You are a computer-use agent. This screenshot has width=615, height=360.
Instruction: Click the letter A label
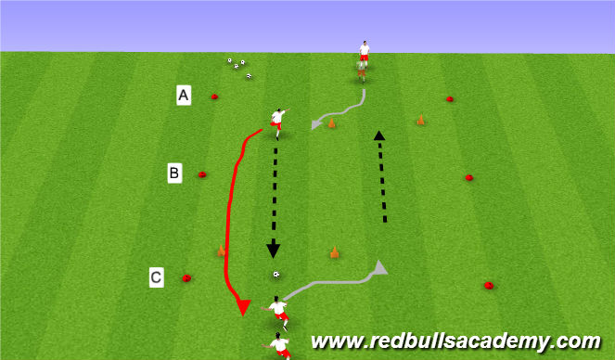click(184, 95)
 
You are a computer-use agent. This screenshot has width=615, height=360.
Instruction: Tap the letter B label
click(174, 172)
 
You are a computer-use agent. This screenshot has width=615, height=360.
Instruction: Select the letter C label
click(157, 276)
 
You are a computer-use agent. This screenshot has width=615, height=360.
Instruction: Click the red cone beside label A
click(214, 96)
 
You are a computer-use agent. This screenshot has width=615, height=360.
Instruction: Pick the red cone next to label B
click(202, 174)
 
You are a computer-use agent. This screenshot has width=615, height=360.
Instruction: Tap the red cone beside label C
click(186, 277)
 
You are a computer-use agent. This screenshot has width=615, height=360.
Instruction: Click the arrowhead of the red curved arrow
click(242, 307)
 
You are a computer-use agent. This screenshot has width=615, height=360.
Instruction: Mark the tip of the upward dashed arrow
click(378, 135)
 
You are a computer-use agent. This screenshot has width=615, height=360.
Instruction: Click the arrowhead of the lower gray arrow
click(380, 267)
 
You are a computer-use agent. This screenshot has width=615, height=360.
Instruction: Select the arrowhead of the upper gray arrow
click(315, 124)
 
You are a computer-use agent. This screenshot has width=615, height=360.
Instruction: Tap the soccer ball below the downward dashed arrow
click(275, 275)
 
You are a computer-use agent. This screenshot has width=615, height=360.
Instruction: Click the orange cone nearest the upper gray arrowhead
click(332, 122)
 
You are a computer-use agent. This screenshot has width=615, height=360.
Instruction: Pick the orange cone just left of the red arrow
click(221, 250)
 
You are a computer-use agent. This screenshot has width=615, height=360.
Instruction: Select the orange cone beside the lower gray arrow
click(334, 251)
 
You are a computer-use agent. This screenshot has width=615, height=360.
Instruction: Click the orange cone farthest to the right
click(420, 119)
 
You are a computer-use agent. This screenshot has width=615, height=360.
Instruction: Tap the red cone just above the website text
click(488, 286)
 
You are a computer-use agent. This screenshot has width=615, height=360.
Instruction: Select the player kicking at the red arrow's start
click(277, 120)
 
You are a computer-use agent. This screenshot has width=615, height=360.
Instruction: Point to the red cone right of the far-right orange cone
click(450, 98)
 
